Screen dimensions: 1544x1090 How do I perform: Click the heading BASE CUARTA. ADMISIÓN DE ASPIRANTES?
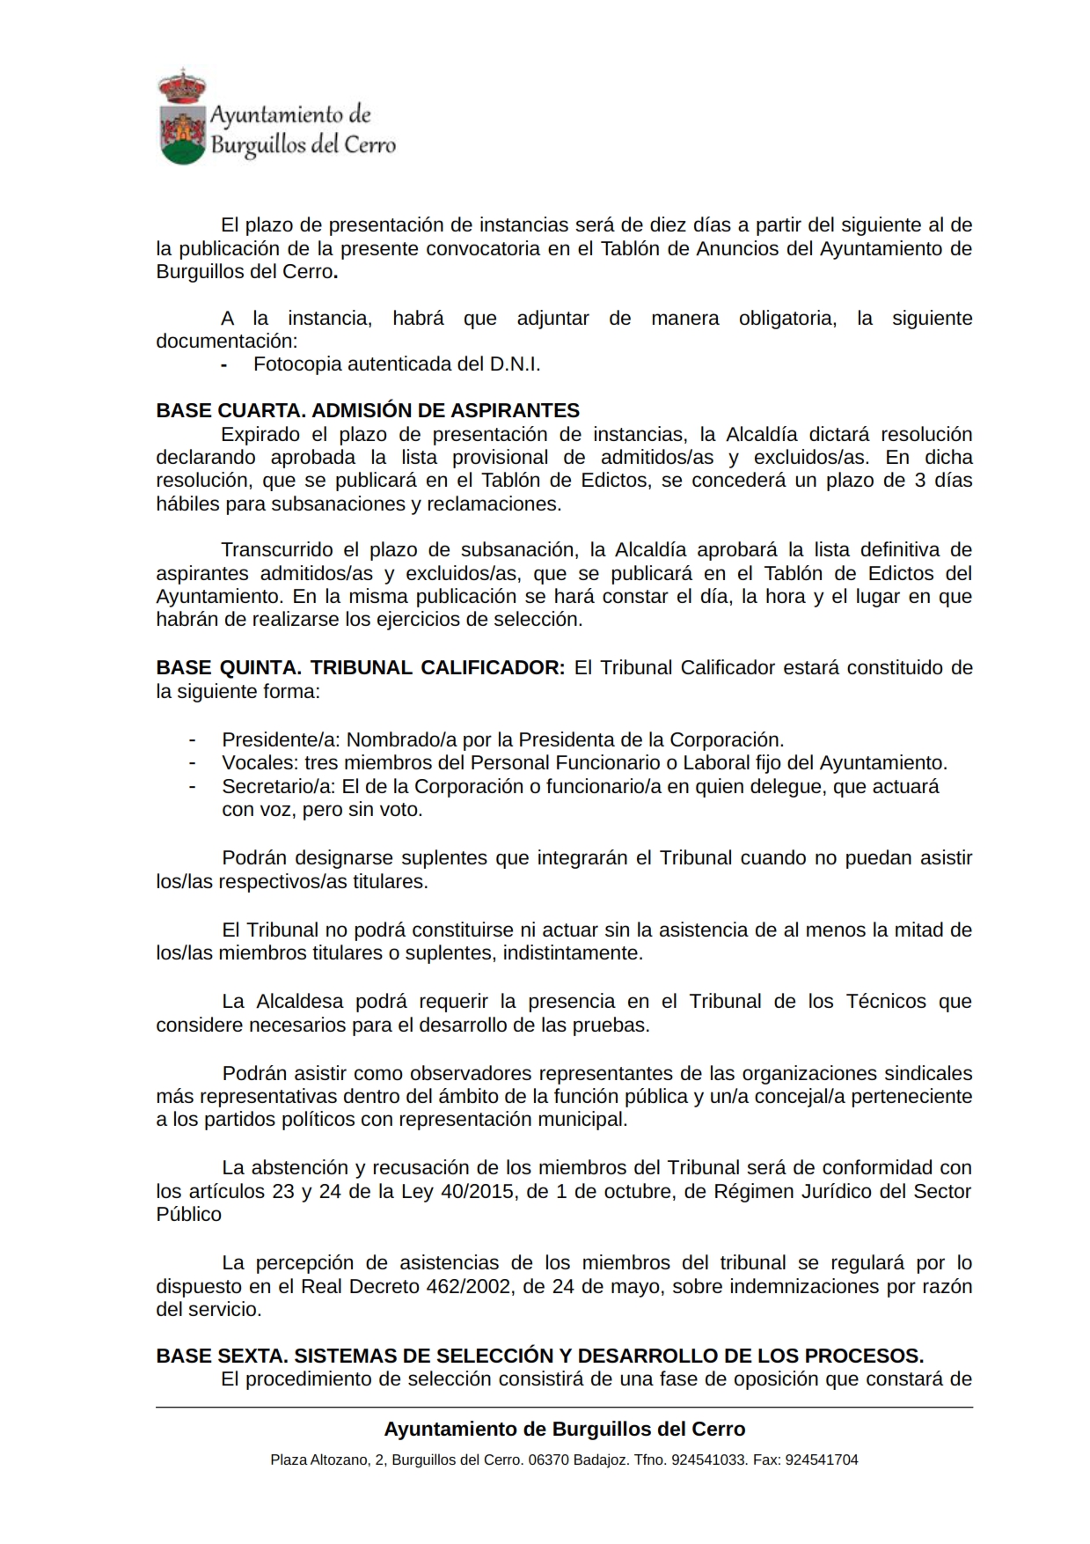coord(368,410)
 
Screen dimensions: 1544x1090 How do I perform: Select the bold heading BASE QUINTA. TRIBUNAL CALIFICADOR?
coord(360,667)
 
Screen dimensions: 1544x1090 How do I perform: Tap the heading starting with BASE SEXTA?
coord(539,1355)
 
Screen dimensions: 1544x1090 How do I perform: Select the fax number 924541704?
coord(821,1459)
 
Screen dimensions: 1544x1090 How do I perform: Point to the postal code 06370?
coord(548,1459)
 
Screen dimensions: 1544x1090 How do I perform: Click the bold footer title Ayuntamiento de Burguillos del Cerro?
coord(564,1429)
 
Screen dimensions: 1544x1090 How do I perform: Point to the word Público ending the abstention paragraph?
coord(188,1214)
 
